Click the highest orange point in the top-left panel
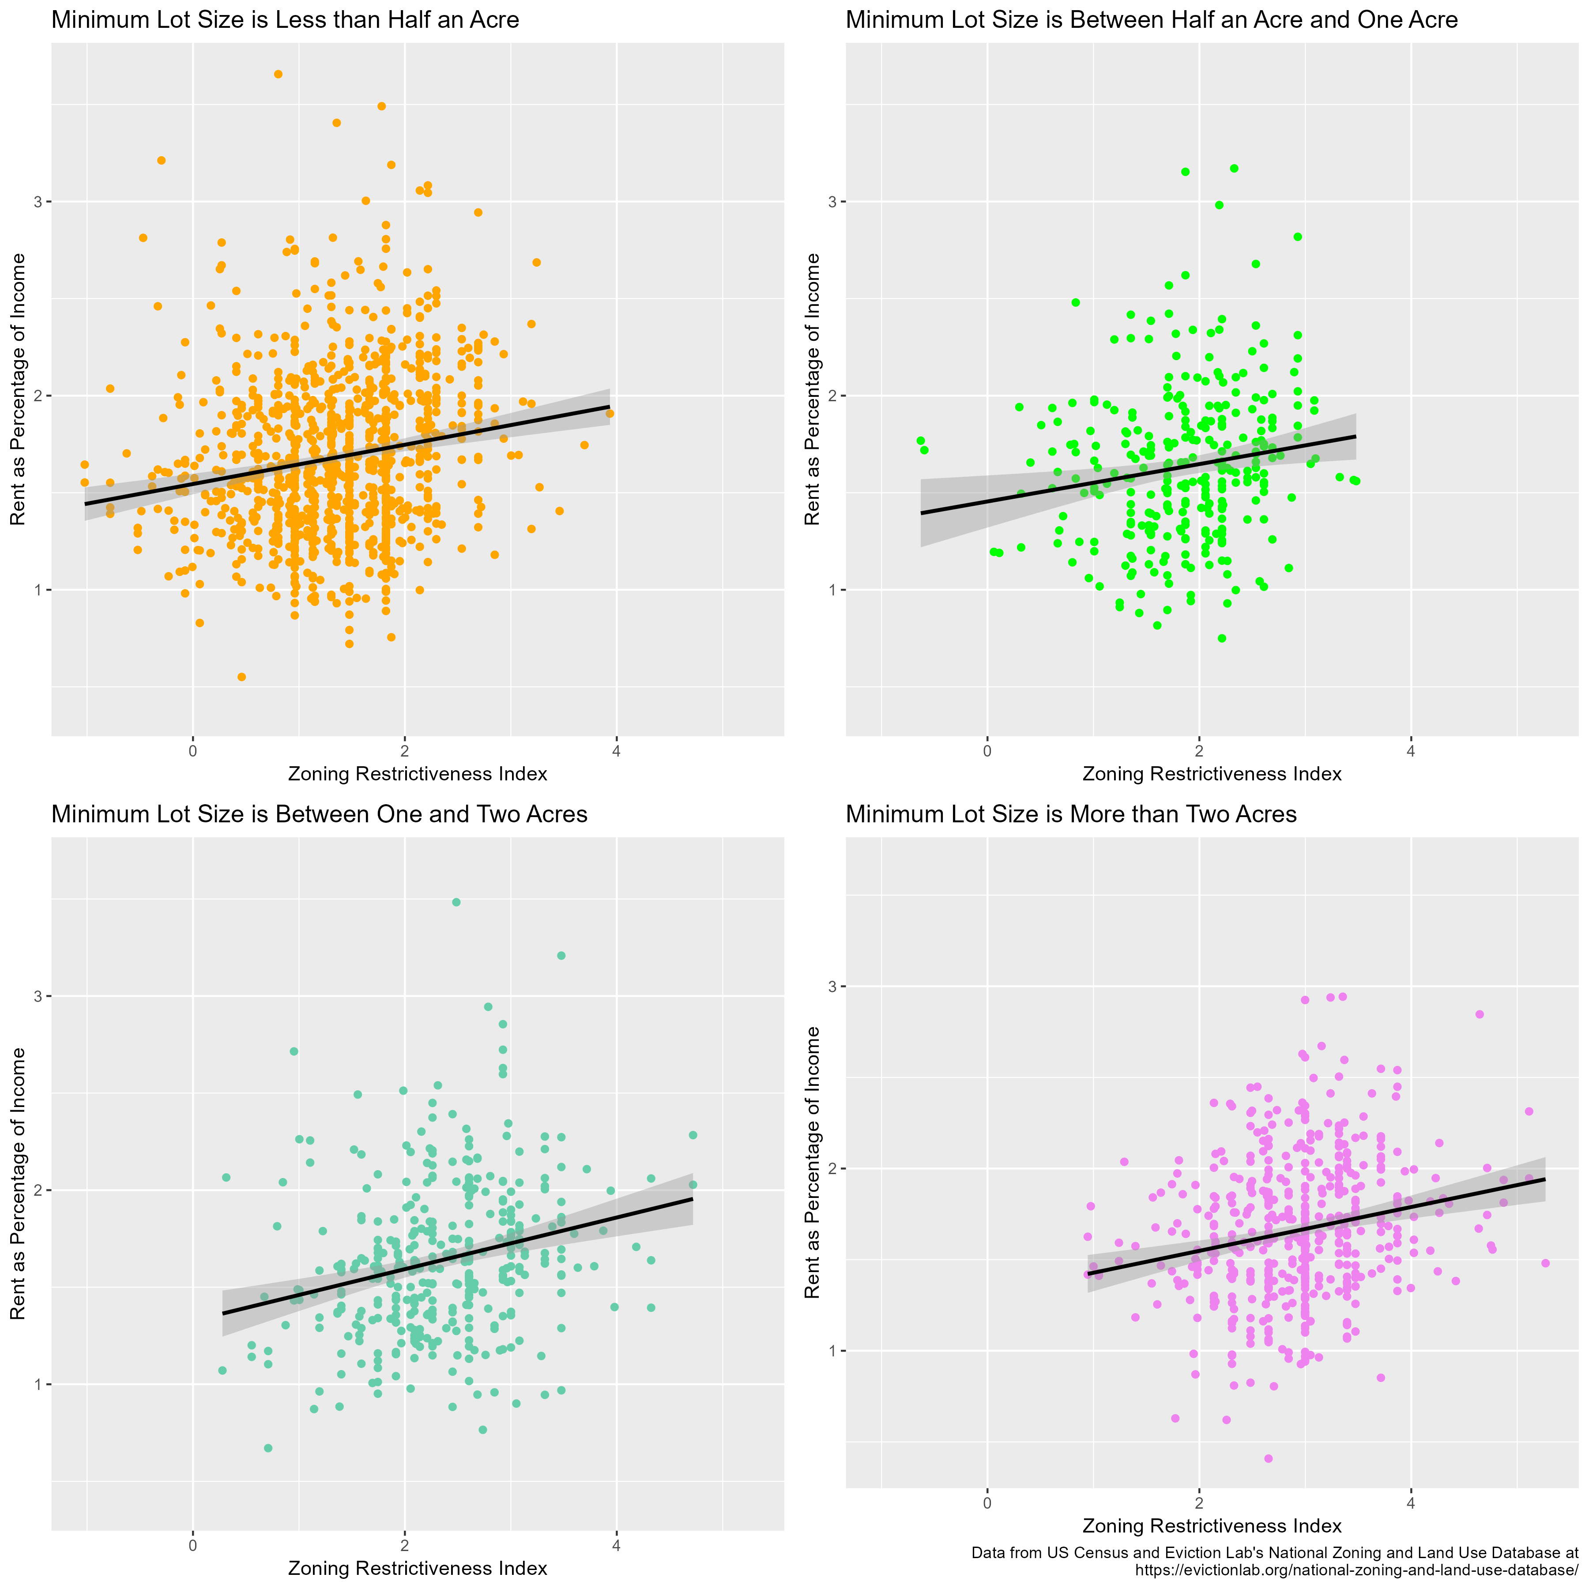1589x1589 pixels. pos(278,74)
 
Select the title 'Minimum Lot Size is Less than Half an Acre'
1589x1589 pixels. pos(286,20)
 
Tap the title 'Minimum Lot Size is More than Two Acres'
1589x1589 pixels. pos(1071,814)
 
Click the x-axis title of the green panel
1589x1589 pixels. pos(1212,774)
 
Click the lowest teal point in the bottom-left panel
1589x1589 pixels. pos(268,1448)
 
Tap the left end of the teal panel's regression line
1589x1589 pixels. pos(223,1314)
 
